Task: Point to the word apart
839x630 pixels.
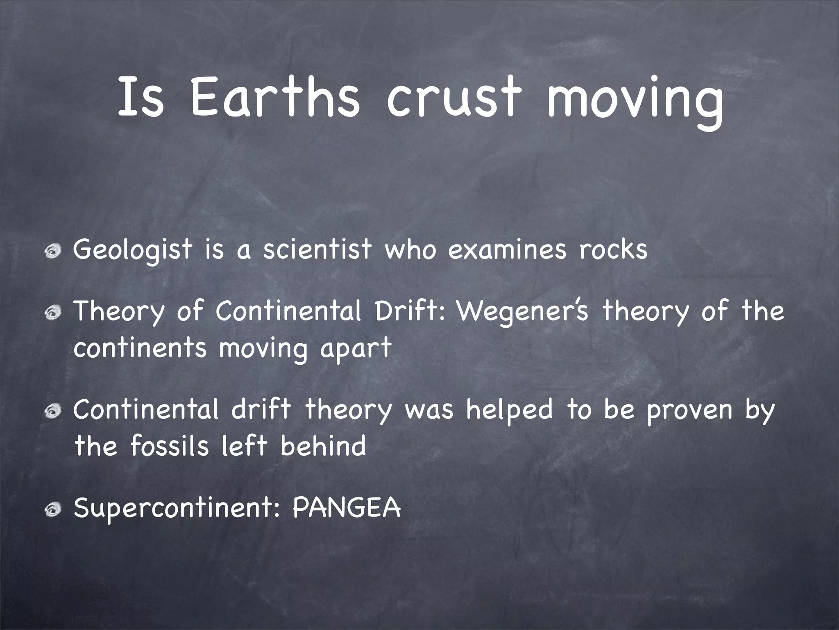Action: (x=356, y=349)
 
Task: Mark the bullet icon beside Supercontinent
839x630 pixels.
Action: (x=53, y=510)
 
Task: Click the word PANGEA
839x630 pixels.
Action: (x=347, y=509)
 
